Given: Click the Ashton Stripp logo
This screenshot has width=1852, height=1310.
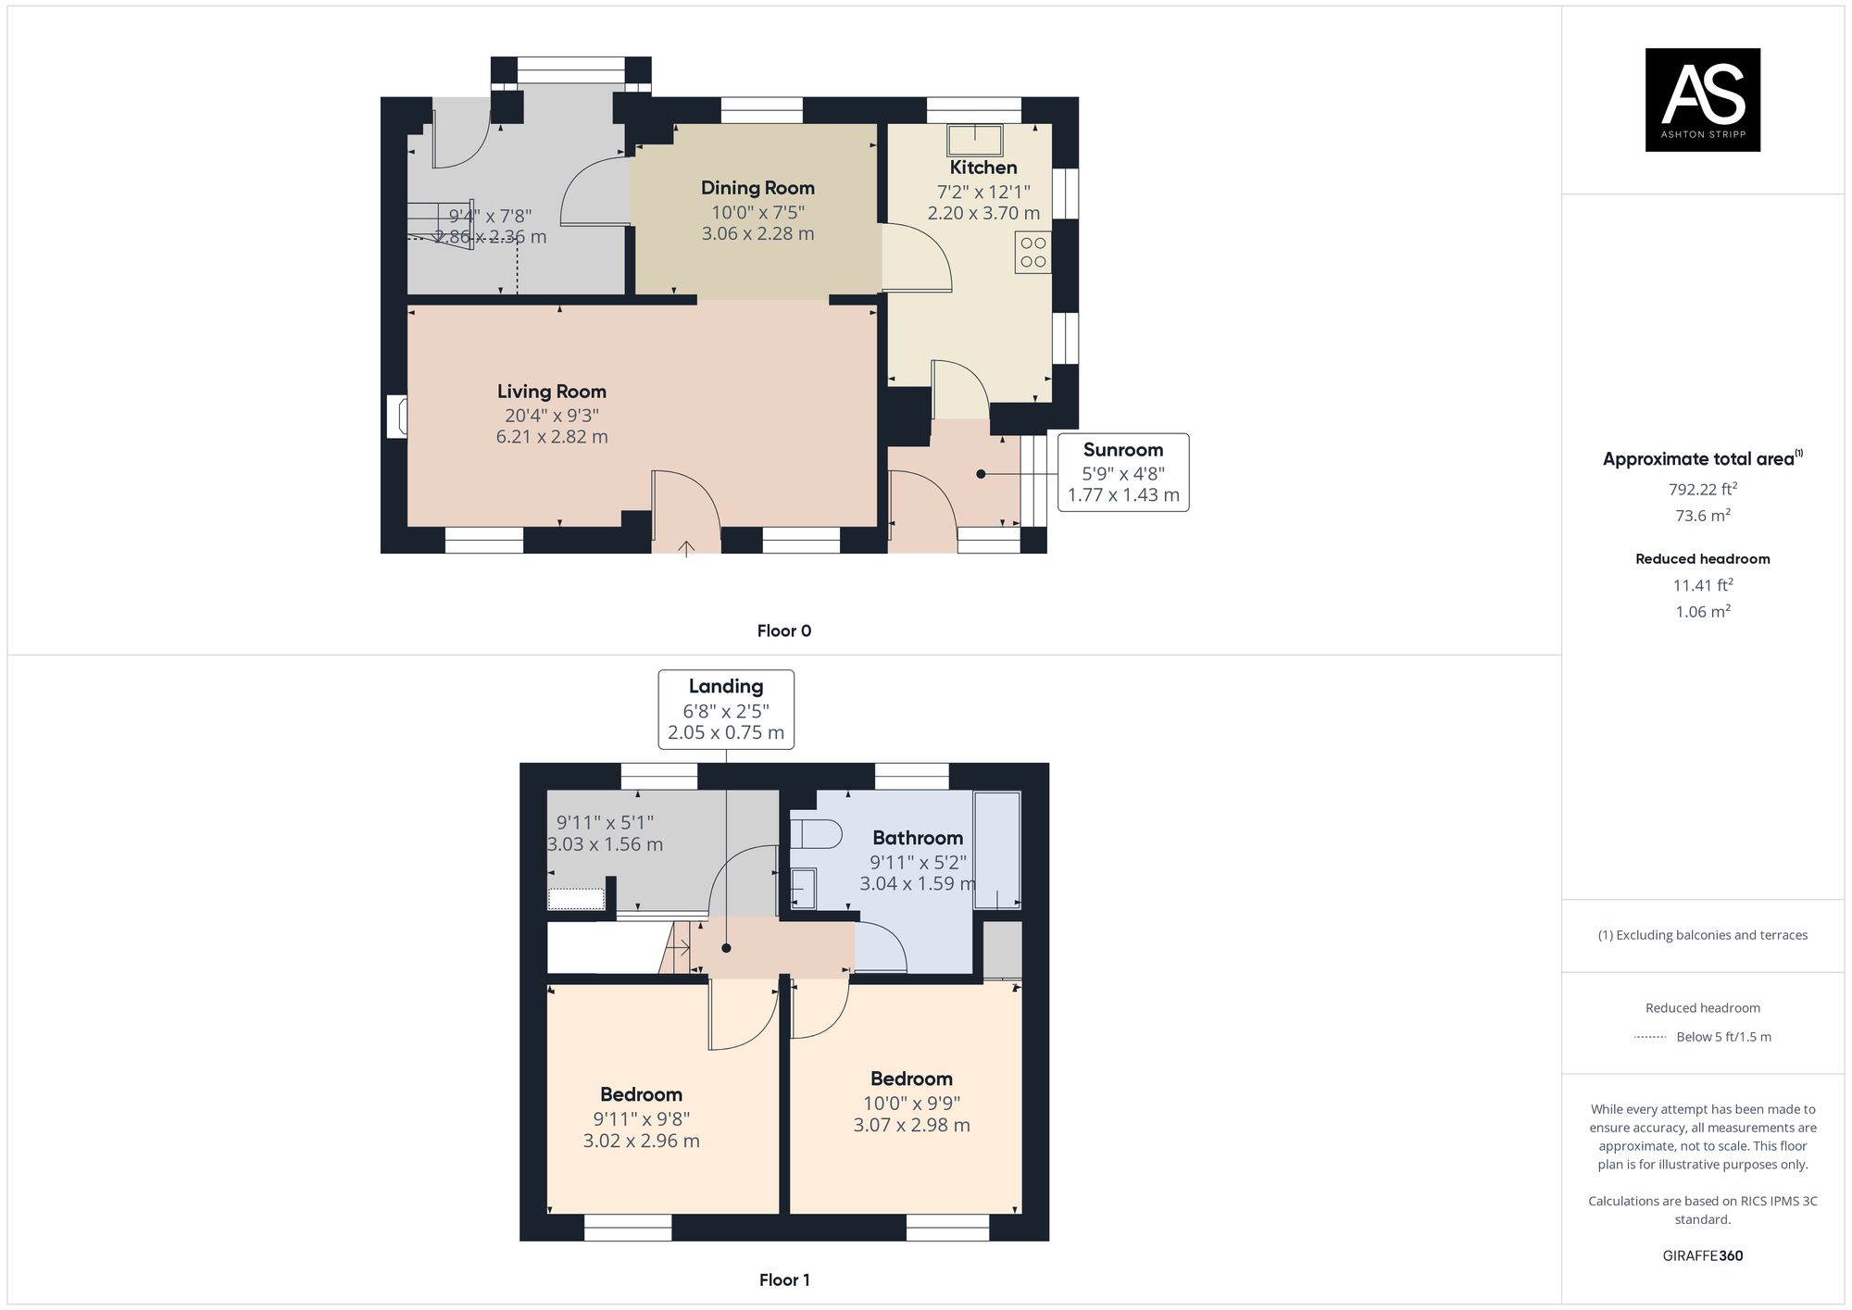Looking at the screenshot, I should (x=1702, y=100).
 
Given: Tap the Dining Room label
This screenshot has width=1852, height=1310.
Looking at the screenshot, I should (x=757, y=188).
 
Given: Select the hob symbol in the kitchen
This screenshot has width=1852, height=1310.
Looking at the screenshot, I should (x=1033, y=253).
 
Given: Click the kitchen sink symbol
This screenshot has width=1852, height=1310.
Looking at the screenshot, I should (x=975, y=141).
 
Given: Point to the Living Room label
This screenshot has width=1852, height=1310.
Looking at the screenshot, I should (x=552, y=392).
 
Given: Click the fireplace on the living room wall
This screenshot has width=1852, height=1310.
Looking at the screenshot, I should (x=397, y=417).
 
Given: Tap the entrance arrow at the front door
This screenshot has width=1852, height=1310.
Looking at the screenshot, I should (x=685, y=548).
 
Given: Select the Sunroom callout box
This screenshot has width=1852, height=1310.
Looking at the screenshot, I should (x=1122, y=472).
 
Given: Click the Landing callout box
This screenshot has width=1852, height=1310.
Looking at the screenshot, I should (x=725, y=709).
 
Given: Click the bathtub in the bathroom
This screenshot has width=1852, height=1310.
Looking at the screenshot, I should (x=997, y=849).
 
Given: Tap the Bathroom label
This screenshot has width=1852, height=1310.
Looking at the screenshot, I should (x=918, y=838).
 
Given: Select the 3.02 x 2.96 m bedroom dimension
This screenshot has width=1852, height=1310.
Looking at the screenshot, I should (x=641, y=1142).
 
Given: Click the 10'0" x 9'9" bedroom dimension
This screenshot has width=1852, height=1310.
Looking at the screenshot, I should (x=911, y=1104).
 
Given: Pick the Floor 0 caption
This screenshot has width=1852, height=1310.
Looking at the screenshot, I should (x=783, y=631).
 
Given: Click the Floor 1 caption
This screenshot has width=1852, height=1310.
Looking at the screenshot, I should (x=783, y=1280).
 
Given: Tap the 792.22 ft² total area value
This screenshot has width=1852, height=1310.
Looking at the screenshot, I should (x=1702, y=489).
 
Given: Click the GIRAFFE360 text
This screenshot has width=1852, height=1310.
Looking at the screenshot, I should (x=1702, y=1256).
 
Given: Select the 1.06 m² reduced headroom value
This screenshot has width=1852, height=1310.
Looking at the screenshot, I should (x=1702, y=612).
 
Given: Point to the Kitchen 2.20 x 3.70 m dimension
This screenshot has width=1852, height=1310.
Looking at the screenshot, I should (x=983, y=213).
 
